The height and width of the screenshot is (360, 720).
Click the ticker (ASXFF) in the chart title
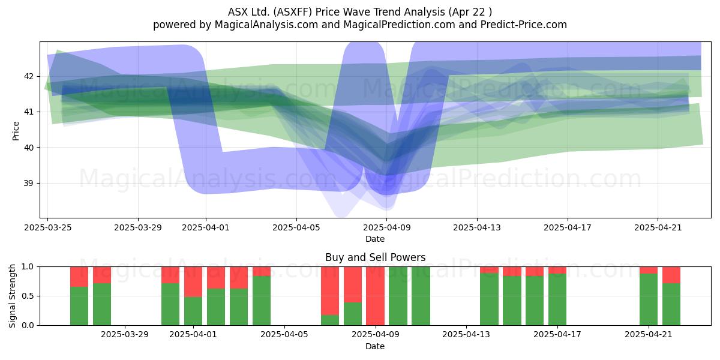293,12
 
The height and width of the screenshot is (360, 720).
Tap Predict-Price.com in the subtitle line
524,25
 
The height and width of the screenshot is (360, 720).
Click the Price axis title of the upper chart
16,131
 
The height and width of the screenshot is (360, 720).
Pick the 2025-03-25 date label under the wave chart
48,227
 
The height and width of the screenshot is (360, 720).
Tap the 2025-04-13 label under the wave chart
477,227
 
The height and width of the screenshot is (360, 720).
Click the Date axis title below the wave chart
375,239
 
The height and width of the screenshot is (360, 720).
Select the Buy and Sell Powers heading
375,257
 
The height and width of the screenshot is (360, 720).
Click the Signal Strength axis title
12,296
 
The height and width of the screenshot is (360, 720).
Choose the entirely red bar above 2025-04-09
375,296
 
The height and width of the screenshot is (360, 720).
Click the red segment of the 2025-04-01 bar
193,281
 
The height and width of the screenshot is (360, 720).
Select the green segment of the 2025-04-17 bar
557,299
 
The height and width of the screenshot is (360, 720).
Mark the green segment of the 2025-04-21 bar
649,299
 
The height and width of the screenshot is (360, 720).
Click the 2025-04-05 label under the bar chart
284,335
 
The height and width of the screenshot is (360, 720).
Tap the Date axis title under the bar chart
375,346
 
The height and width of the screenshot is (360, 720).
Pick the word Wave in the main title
356,12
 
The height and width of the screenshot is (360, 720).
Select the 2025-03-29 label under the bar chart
125,335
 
